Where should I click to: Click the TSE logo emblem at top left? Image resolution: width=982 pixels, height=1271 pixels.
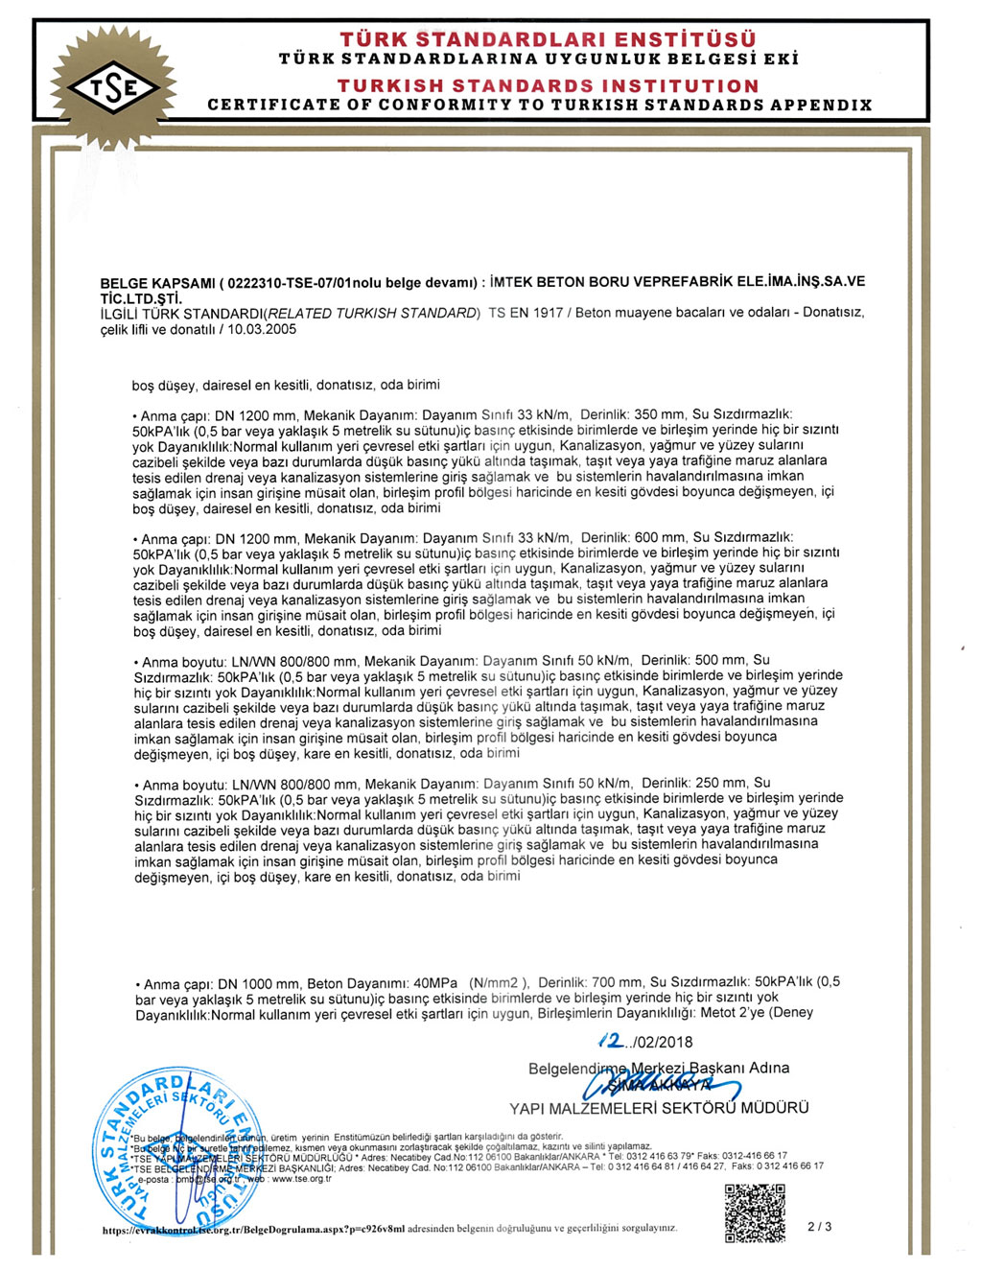pyautogui.click(x=113, y=89)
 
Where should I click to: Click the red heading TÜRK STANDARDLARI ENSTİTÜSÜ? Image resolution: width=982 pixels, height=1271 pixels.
pyautogui.click(x=548, y=39)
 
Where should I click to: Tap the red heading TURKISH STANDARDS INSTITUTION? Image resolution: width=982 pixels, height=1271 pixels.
pyautogui.click(x=548, y=85)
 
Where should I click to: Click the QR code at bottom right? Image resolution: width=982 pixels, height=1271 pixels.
pyautogui.click(x=755, y=1213)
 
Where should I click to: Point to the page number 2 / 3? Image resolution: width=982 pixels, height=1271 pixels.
pyautogui.click(x=820, y=1226)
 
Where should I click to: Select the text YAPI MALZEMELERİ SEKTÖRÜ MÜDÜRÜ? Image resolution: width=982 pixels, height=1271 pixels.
pyautogui.click(x=659, y=1109)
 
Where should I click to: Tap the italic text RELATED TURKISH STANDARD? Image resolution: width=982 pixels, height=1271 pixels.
pyautogui.click(x=372, y=314)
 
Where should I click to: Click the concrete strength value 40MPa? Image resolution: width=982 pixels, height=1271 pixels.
pyautogui.click(x=435, y=983)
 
